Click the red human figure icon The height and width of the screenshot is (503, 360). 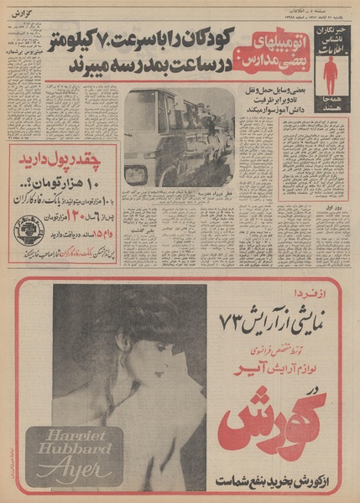click(331, 75)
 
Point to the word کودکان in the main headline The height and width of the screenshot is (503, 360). click(200, 39)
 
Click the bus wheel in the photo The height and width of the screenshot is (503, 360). click(135, 176)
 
